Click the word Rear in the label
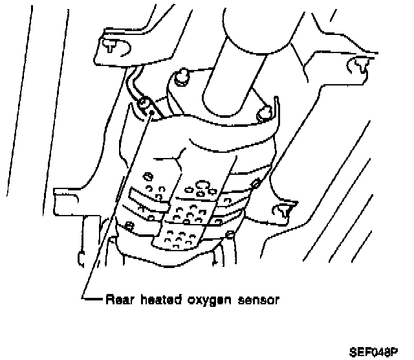tap(116, 300)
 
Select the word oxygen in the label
tap(204, 300)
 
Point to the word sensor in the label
tap(256, 300)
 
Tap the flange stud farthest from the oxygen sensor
tap(263, 114)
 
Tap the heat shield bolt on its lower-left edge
tap(129, 226)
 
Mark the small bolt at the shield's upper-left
tap(147, 175)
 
